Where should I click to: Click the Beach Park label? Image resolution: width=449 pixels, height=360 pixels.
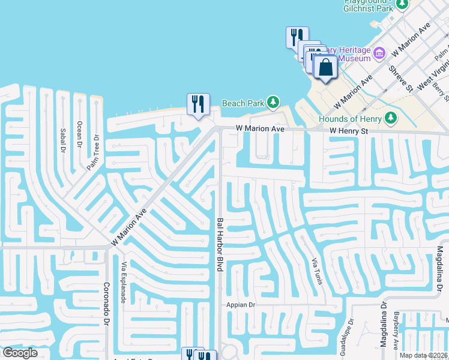pos(243,103)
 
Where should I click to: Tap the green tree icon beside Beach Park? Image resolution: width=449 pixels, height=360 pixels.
pos(273,103)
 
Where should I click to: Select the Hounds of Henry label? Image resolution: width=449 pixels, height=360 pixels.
pos(351,119)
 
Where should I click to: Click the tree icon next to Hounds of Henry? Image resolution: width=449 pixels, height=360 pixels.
pos(391,118)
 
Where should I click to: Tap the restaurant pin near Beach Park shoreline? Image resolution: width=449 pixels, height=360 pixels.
pos(197,104)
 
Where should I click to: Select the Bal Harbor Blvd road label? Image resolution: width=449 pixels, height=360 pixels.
pos(220,245)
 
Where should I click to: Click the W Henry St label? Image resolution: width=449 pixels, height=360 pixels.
pos(349,130)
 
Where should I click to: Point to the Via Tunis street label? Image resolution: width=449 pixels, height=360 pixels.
pos(316,272)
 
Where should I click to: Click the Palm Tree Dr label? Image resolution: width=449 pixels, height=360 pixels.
pos(93,153)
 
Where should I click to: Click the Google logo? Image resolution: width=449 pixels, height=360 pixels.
pos(19,353)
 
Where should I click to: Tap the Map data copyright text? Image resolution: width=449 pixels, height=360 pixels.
pos(423,355)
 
